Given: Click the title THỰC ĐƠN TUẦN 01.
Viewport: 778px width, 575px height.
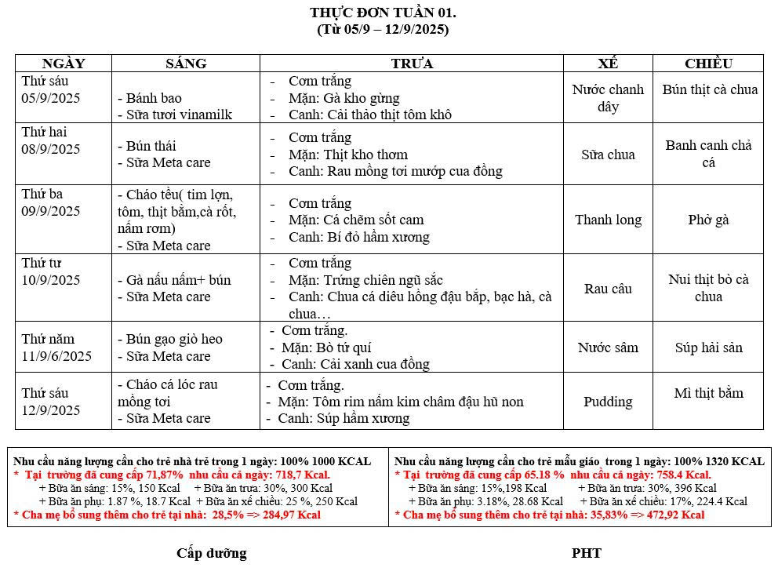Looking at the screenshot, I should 383,13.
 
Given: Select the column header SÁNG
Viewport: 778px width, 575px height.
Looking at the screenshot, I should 186,64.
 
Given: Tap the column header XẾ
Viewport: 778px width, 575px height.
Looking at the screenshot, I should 608,64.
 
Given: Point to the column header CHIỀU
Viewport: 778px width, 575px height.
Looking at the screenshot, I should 708,64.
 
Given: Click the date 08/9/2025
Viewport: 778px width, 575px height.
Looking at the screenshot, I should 51,149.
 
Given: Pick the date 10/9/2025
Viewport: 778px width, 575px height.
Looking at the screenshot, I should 51,280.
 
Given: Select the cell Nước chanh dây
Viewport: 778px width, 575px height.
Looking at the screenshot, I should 608,98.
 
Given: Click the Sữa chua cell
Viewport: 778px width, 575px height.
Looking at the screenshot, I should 608,155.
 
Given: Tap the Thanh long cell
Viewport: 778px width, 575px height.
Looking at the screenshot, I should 608,220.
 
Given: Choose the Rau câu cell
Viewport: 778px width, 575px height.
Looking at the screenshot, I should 608,289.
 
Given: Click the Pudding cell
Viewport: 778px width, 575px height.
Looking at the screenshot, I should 608,402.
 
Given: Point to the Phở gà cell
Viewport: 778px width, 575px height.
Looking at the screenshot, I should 708,220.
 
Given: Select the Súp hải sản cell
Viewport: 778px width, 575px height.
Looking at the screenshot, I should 708,348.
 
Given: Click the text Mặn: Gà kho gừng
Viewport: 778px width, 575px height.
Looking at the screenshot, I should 344,98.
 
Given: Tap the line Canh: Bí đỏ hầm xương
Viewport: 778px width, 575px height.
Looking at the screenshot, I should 358,237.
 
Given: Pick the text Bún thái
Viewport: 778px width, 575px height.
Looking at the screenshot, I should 151,146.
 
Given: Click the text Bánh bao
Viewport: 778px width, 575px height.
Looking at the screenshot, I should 155,98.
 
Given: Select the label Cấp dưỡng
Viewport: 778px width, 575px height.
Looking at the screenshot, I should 211,553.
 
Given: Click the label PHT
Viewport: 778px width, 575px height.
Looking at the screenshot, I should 586,553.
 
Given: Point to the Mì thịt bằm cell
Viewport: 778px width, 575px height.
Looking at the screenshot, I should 708,393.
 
